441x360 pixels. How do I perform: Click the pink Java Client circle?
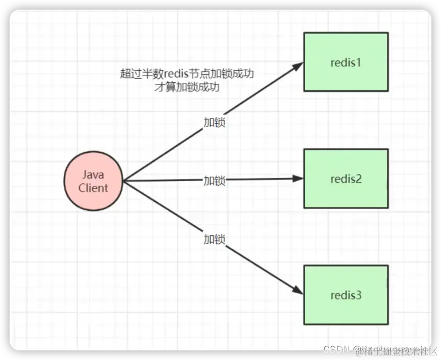(x=93, y=181)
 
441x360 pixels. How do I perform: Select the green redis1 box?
(x=345, y=62)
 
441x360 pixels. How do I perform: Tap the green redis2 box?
(x=345, y=178)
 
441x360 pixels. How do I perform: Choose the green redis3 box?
(x=345, y=295)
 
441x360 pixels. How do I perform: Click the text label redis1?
(x=345, y=62)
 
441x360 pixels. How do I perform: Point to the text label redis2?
(x=345, y=179)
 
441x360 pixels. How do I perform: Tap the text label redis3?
(x=345, y=295)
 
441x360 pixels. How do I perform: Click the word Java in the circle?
(x=93, y=175)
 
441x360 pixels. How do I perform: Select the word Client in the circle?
(x=93, y=187)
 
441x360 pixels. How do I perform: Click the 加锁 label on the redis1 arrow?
(x=214, y=122)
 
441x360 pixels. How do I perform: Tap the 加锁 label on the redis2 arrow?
(x=214, y=181)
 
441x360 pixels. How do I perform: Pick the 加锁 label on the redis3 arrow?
(x=214, y=239)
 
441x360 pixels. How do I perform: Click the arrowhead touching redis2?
(x=299, y=179)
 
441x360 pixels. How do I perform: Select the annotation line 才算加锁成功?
(x=187, y=87)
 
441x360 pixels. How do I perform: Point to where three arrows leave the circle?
(x=123, y=182)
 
